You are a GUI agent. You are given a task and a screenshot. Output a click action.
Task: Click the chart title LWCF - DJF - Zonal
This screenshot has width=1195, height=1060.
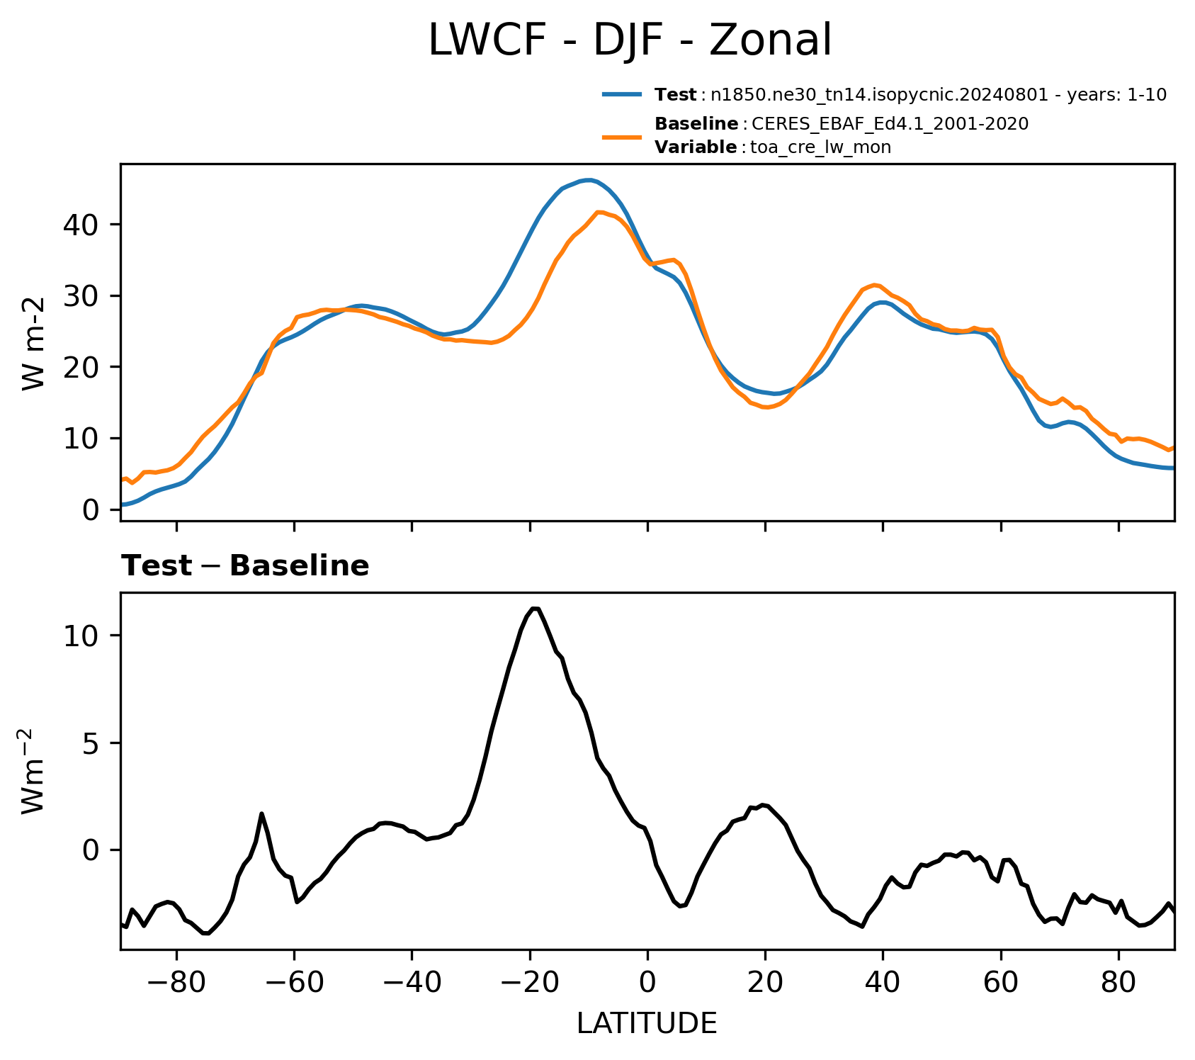tap(630, 40)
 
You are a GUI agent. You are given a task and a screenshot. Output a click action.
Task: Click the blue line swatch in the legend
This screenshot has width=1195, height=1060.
tap(623, 94)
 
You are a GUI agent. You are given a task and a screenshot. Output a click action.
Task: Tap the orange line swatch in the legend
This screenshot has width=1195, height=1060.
tap(623, 136)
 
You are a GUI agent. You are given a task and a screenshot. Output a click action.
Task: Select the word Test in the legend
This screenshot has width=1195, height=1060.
tap(676, 95)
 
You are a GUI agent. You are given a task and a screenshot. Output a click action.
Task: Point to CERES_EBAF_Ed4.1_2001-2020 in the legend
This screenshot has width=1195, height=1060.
tap(890, 124)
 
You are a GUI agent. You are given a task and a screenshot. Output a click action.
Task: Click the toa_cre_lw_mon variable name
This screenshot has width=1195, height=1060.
tap(820, 147)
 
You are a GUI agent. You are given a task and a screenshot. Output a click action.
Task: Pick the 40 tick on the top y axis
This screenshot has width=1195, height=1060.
tap(81, 225)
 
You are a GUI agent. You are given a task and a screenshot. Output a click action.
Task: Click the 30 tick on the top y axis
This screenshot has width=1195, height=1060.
tap(81, 296)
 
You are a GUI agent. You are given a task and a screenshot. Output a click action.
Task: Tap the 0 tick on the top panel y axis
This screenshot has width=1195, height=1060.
tap(91, 509)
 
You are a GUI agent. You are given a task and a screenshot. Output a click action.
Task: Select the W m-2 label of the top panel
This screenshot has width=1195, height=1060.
tap(33, 343)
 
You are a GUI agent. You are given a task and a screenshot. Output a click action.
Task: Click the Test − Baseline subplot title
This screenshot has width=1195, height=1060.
tap(245, 566)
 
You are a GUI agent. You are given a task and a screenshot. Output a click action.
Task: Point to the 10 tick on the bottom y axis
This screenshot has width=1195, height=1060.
tap(81, 636)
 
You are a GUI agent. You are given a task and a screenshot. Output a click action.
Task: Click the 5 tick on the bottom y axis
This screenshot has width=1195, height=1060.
tap(91, 743)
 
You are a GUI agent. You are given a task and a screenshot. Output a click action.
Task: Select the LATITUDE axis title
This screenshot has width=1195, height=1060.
tap(647, 1023)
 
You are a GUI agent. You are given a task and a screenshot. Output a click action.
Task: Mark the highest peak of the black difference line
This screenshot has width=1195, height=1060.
tap(535, 608)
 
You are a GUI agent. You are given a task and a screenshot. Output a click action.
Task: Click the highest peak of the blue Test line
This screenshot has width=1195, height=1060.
tap(588, 180)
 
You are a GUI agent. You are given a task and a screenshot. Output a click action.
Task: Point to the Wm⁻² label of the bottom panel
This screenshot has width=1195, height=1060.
tap(33, 769)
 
